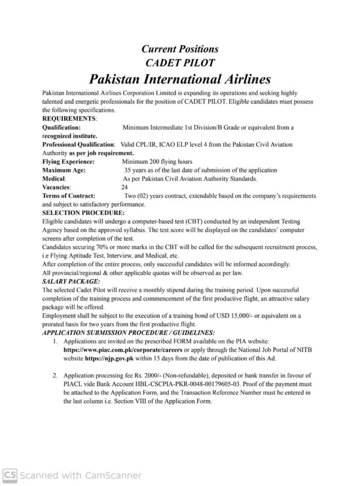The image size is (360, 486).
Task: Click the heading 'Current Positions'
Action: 180,49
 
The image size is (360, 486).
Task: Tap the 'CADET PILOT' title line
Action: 180,63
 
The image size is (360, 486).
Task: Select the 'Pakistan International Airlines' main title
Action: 180,78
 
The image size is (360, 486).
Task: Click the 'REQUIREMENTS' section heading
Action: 69,118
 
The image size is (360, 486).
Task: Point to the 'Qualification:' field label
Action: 61,127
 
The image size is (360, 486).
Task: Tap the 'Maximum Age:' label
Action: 64,170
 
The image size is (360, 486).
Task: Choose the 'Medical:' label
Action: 55,178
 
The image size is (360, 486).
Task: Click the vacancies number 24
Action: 124,187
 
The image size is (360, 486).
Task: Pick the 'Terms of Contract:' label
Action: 68,196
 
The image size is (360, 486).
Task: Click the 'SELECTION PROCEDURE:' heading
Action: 83,213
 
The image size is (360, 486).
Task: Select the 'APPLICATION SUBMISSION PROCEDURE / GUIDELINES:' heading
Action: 128,333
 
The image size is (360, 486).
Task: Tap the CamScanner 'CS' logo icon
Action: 10,475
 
